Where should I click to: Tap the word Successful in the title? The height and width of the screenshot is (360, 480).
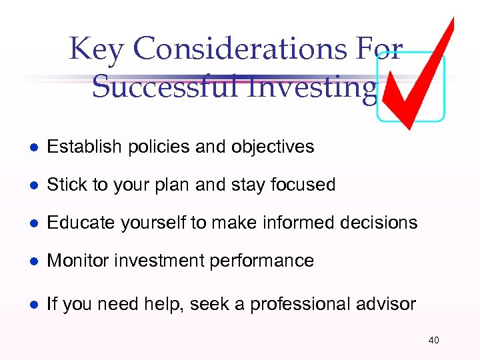click(x=167, y=87)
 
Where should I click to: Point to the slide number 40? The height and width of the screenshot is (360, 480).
click(x=433, y=341)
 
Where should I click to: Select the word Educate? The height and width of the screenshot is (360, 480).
click(x=77, y=223)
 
